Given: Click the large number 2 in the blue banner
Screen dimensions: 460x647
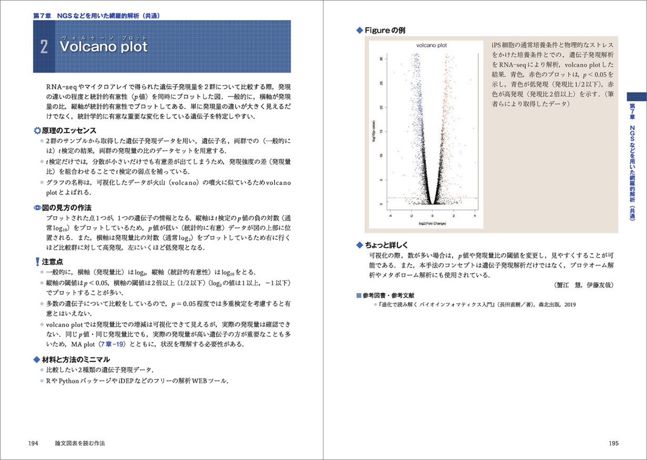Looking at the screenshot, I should (x=44, y=47).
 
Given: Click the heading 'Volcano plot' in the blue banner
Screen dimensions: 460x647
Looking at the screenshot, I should (x=104, y=47).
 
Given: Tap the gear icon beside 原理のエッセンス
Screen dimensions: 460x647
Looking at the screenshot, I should (x=37, y=131).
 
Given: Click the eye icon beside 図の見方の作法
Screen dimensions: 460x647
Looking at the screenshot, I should (x=37, y=207).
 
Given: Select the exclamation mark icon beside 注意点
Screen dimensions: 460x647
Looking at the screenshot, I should (x=37, y=262).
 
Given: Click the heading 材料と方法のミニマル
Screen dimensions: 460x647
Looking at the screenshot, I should (x=76, y=359).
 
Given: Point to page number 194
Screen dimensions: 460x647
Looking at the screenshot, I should (x=34, y=443).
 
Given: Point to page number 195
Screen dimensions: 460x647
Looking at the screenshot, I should (x=613, y=443).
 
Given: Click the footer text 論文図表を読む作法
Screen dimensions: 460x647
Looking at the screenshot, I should (x=80, y=443).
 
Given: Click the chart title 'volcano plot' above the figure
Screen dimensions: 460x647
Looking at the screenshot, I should (x=431, y=46).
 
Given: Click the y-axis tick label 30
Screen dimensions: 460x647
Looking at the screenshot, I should (x=381, y=59).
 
